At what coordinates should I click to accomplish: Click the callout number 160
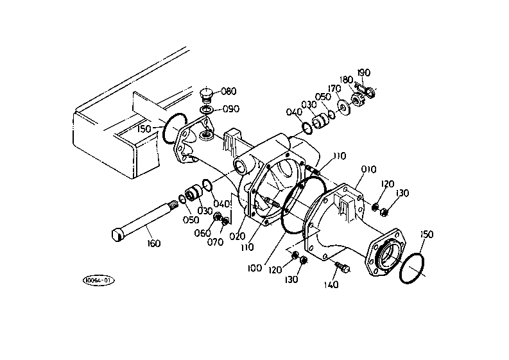point(153,243)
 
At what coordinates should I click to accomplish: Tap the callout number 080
point(229,91)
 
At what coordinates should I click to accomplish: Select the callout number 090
point(231,108)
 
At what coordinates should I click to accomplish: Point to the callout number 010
point(369,169)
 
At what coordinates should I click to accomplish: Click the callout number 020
point(237,236)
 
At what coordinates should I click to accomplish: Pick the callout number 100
point(254,268)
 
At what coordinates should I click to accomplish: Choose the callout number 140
point(331,285)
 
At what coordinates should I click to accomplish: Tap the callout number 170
point(334,89)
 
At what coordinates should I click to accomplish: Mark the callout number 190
point(364,73)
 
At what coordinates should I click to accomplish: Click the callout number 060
point(203,233)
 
